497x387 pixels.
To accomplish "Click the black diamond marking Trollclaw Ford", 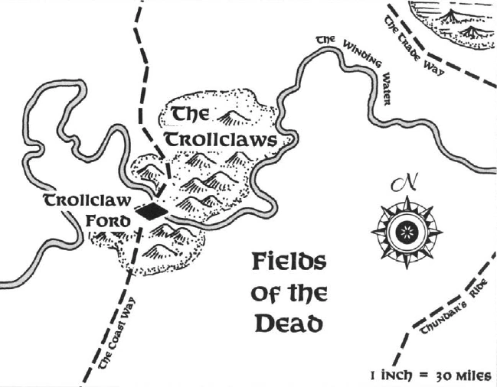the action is (152, 211).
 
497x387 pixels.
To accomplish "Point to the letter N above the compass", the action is (404, 184).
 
